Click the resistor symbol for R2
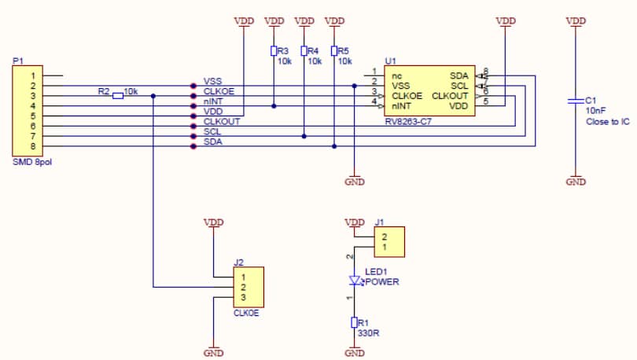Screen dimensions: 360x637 pyautogui.click(x=118, y=96)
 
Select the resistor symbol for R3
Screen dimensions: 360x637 pyautogui.click(x=274, y=51)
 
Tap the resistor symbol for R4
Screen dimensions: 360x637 pyautogui.click(x=304, y=51)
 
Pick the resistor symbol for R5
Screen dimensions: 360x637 pyautogui.click(x=334, y=51)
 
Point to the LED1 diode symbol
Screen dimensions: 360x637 pyautogui.click(x=355, y=281)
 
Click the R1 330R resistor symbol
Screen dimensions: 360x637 pyautogui.click(x=355, y=322)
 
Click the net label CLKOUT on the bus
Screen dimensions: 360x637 pyautogui.click(x=221, y=122)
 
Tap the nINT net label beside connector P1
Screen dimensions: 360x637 pyautogui.click(x=212, y=101)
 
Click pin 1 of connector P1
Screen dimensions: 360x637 pyautogui.click(x=33, y=75)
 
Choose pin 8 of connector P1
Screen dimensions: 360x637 pyautogui.click(x=33, y=146)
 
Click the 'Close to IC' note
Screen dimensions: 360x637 pyautogui.click(x=608, y=122)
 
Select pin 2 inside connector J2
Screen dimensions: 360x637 pyautogui.click(x=244, y=288)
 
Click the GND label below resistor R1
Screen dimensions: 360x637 pyautogui.click(x=355, y=353)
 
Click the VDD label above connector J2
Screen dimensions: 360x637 pyautogui.click(x=213, y=222)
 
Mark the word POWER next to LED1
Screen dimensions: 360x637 pyautogui.click(x=382, y=281)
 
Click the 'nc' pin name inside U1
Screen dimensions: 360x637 pyautogui.click(x=397, y=75)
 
